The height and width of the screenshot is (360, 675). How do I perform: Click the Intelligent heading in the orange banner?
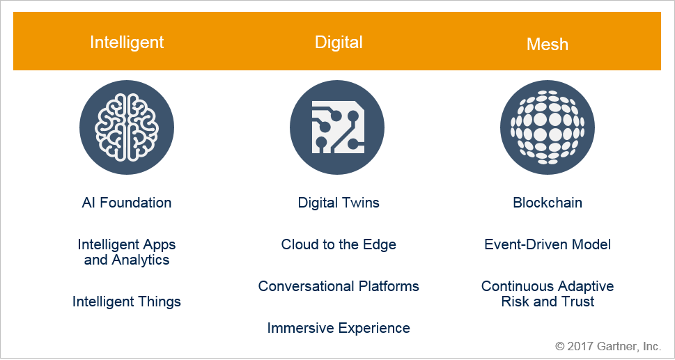[x=127, y=42]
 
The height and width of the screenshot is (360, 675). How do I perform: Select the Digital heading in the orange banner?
[x=339, y=42]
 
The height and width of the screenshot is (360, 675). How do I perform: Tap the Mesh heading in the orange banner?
[x=547, y=45]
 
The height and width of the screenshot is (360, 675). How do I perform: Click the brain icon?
[x=127, y=127]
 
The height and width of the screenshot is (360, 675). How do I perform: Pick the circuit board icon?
[x=337, y=127]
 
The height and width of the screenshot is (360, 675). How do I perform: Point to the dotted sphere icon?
[x=547, y=127]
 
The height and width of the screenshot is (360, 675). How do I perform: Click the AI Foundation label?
[x=127, y=203]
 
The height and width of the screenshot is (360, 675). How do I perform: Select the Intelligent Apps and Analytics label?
[x=127, y=252]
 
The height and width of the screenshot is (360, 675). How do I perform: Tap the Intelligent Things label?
[x=127, y=302]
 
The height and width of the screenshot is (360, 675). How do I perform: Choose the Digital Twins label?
[x=339, y=203]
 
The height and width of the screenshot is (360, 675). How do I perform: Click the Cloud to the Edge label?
[x=339, y=244]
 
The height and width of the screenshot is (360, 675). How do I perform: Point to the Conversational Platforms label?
[x=339, y=286]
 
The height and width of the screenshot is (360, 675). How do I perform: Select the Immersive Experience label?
[x=339, y=328]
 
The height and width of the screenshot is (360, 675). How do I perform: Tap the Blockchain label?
[x=548, y=203]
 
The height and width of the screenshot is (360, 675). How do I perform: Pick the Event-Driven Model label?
[x=548, y=244]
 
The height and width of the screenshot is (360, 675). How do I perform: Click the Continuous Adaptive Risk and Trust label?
[x=548, y=294]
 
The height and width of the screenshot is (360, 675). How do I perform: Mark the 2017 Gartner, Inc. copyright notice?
[x=608, y=346]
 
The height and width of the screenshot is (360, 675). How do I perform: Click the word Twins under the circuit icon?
[x=358, y=203]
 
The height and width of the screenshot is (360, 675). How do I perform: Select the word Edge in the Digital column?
[x=380, y=245]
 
